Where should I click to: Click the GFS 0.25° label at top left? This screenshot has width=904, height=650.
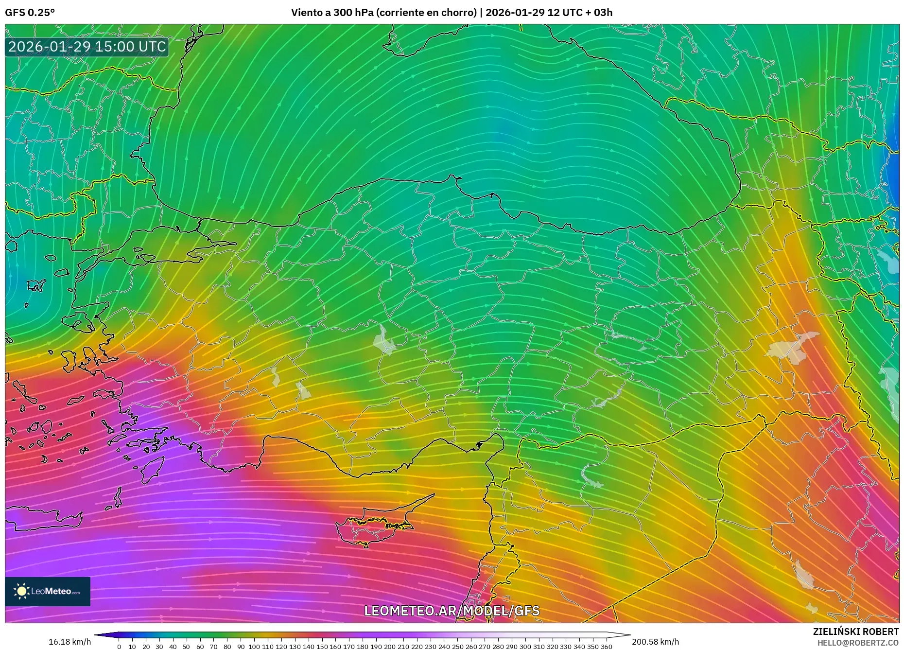[30, 13]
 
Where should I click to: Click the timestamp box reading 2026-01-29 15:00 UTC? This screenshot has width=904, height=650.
[87, 47]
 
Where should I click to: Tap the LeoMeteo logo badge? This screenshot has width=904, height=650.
[48, 591]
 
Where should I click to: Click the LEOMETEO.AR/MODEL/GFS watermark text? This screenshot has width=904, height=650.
[452, 611]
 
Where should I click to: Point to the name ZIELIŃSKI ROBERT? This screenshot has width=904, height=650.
[855, 632]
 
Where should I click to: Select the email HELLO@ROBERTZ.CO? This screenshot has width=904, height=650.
[857, 643]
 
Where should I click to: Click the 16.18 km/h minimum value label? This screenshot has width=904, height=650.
[70, 642]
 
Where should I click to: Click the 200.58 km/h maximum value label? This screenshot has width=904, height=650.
[655, 642]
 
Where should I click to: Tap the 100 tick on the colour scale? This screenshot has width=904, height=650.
[254, 647]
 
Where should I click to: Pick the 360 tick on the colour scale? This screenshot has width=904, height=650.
[606, 647]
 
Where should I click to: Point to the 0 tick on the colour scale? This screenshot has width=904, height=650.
[119, 647]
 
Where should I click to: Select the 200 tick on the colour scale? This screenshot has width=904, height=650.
[389, 647]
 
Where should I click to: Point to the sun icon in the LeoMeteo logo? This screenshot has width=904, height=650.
[22, 591]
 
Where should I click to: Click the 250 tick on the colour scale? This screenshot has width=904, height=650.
[457, 647]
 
